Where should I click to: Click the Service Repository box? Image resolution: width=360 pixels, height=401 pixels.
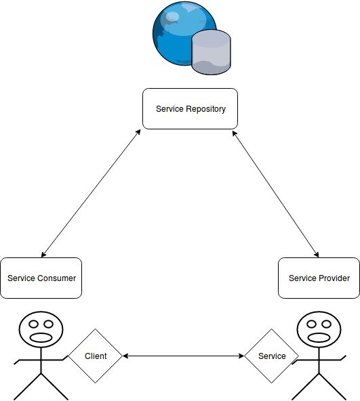(190, 108)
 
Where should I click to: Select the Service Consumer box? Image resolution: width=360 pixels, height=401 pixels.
(41, 278)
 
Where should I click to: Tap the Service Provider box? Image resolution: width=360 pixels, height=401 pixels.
(319, 278)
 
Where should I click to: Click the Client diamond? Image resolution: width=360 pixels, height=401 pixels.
(96, 356)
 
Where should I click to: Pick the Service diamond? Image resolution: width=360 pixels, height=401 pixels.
(271, 356)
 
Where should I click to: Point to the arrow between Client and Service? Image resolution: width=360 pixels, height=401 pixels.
(183, 356)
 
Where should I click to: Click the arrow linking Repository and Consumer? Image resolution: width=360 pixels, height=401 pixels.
(91, 193)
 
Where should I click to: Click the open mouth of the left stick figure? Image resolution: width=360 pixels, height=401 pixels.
(41, 337)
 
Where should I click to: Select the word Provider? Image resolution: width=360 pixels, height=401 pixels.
(334, 278)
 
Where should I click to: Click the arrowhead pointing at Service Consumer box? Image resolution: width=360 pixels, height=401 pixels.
(43, 255)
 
